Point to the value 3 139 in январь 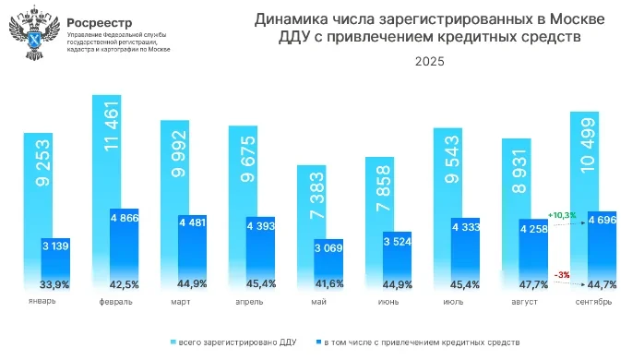click(55, 246)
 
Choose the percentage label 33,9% click(55, 284)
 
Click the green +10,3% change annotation click(561, 215)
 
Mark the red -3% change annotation click(562, 274)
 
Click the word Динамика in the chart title click(292, 19)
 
